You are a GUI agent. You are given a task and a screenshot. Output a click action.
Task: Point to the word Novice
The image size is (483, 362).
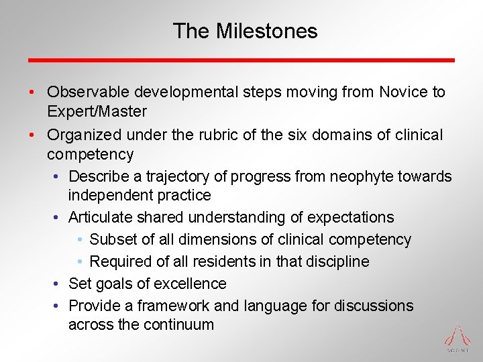tap(402, 92)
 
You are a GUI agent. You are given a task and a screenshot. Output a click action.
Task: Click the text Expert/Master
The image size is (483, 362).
tap(97, 111)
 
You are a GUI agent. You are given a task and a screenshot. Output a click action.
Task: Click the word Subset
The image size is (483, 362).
tap(111, 239)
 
